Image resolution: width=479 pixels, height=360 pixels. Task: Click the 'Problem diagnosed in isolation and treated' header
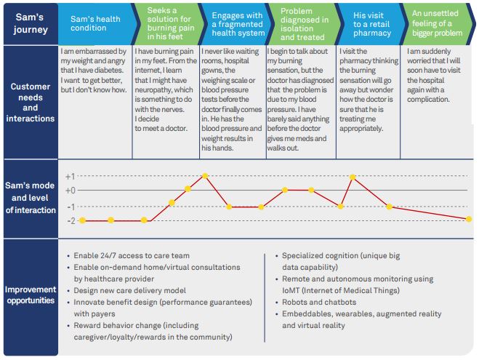302,23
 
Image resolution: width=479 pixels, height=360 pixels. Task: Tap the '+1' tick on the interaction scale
70,176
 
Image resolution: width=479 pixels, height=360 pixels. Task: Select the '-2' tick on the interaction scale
70,220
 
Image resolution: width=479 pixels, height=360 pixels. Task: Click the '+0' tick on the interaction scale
70,190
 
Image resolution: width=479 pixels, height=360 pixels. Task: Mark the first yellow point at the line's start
82,220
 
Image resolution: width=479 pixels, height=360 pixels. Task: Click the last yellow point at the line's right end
469,219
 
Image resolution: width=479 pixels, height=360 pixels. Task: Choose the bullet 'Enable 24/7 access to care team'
131,256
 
